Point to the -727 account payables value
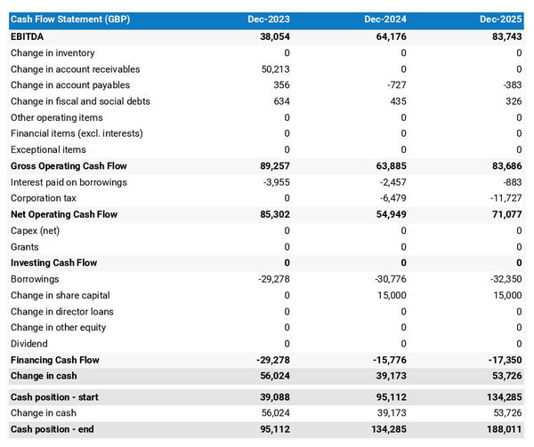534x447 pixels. (393, 85)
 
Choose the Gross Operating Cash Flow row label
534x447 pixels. (69, 166)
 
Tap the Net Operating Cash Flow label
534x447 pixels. (64, 214)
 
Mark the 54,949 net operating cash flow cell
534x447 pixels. (389, 214)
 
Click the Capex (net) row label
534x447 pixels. (36, 231)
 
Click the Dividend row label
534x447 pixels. (29, 344)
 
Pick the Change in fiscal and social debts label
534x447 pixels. (80, 101)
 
